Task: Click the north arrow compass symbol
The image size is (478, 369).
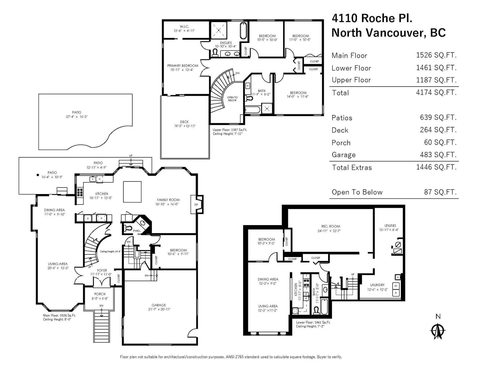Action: (438, 331)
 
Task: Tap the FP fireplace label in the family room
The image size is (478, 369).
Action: (196, 205)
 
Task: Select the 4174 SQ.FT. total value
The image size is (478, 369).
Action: (436, 92)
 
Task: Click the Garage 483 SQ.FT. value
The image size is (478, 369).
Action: (438, 155)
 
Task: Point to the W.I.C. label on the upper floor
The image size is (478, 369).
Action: (184, 27)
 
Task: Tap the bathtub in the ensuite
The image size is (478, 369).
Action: (243, 30)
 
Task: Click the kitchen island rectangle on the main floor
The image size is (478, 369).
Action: (132, 192)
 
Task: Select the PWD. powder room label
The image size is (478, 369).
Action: (137, 231)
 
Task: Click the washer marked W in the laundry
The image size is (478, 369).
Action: (396, 286)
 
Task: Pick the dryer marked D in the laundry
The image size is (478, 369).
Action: (396, 293)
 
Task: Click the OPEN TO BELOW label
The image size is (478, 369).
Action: (232, 99)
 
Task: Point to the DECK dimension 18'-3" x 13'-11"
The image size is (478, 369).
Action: (185, 126)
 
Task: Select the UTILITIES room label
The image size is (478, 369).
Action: (390, 226)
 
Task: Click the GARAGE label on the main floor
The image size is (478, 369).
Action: (159, 305)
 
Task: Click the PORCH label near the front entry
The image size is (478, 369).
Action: (100, 294)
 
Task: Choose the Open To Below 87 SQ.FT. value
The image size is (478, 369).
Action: (440, 192)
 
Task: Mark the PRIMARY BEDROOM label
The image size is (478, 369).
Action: (183, 66)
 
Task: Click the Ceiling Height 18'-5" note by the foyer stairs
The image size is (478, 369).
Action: (110, 251)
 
